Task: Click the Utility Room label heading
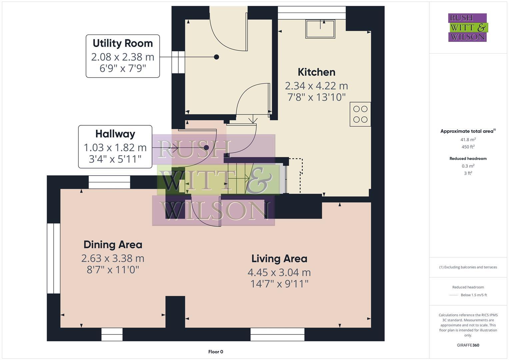coord(123,43)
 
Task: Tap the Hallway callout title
coord(115,134)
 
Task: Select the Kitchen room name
coord(316,72)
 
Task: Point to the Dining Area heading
coord(113,245)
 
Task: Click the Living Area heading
coord(279,259)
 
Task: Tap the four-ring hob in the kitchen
coord(360,114)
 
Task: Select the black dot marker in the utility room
coord(216,57)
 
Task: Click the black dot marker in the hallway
coord(206,147)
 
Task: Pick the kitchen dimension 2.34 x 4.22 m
coord(316,86)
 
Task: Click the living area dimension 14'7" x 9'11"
coord(279,284)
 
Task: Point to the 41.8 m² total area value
coord(468,140)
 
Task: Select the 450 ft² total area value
coord(468,147)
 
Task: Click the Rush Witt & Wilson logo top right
coord(467,27)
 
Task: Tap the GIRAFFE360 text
coord(468,345)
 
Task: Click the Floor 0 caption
coord(216,352)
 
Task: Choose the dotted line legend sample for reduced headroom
coord(454,295)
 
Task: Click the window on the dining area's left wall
coord(53,258)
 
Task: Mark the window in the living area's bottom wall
coord(277,334)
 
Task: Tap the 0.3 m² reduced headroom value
coord(468,166)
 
